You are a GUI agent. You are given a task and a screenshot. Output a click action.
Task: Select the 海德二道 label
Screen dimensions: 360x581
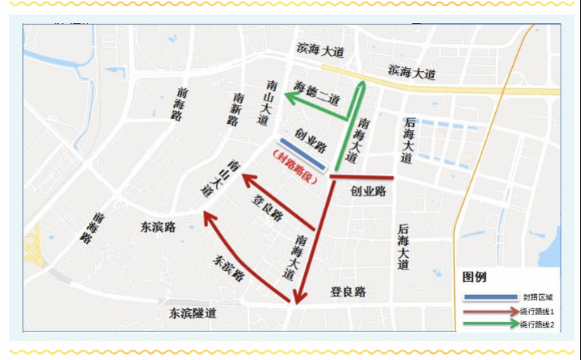coord(318,92)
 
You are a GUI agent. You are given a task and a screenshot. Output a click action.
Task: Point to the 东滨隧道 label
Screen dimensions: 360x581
coord(193,314)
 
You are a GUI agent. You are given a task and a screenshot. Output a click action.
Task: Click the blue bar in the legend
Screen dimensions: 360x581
coord(490,297)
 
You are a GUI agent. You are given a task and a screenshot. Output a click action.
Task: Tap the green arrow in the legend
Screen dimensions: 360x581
coord(490,324)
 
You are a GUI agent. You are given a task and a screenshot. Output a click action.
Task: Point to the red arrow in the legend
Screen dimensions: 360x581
coord(490,310)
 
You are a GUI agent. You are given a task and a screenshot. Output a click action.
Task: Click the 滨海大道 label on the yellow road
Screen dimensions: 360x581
coord(412,73)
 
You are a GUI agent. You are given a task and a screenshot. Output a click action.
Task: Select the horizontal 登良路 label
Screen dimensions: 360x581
coord(348,291)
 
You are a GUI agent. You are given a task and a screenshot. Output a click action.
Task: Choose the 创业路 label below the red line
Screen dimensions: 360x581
coord(368,190)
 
